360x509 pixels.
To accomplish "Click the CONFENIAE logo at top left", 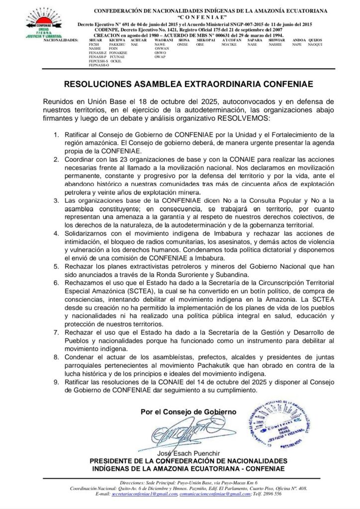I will tap(40, 23).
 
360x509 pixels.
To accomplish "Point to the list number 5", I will tap(56, 267).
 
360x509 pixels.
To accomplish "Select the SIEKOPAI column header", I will tap(206, 40).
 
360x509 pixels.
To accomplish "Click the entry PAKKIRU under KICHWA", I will tap(117, 45).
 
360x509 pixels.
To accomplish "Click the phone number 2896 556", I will tap(271, 494).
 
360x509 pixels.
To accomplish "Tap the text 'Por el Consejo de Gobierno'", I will tap(188, 412).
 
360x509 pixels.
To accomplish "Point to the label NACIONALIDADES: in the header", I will tap(61, 40).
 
